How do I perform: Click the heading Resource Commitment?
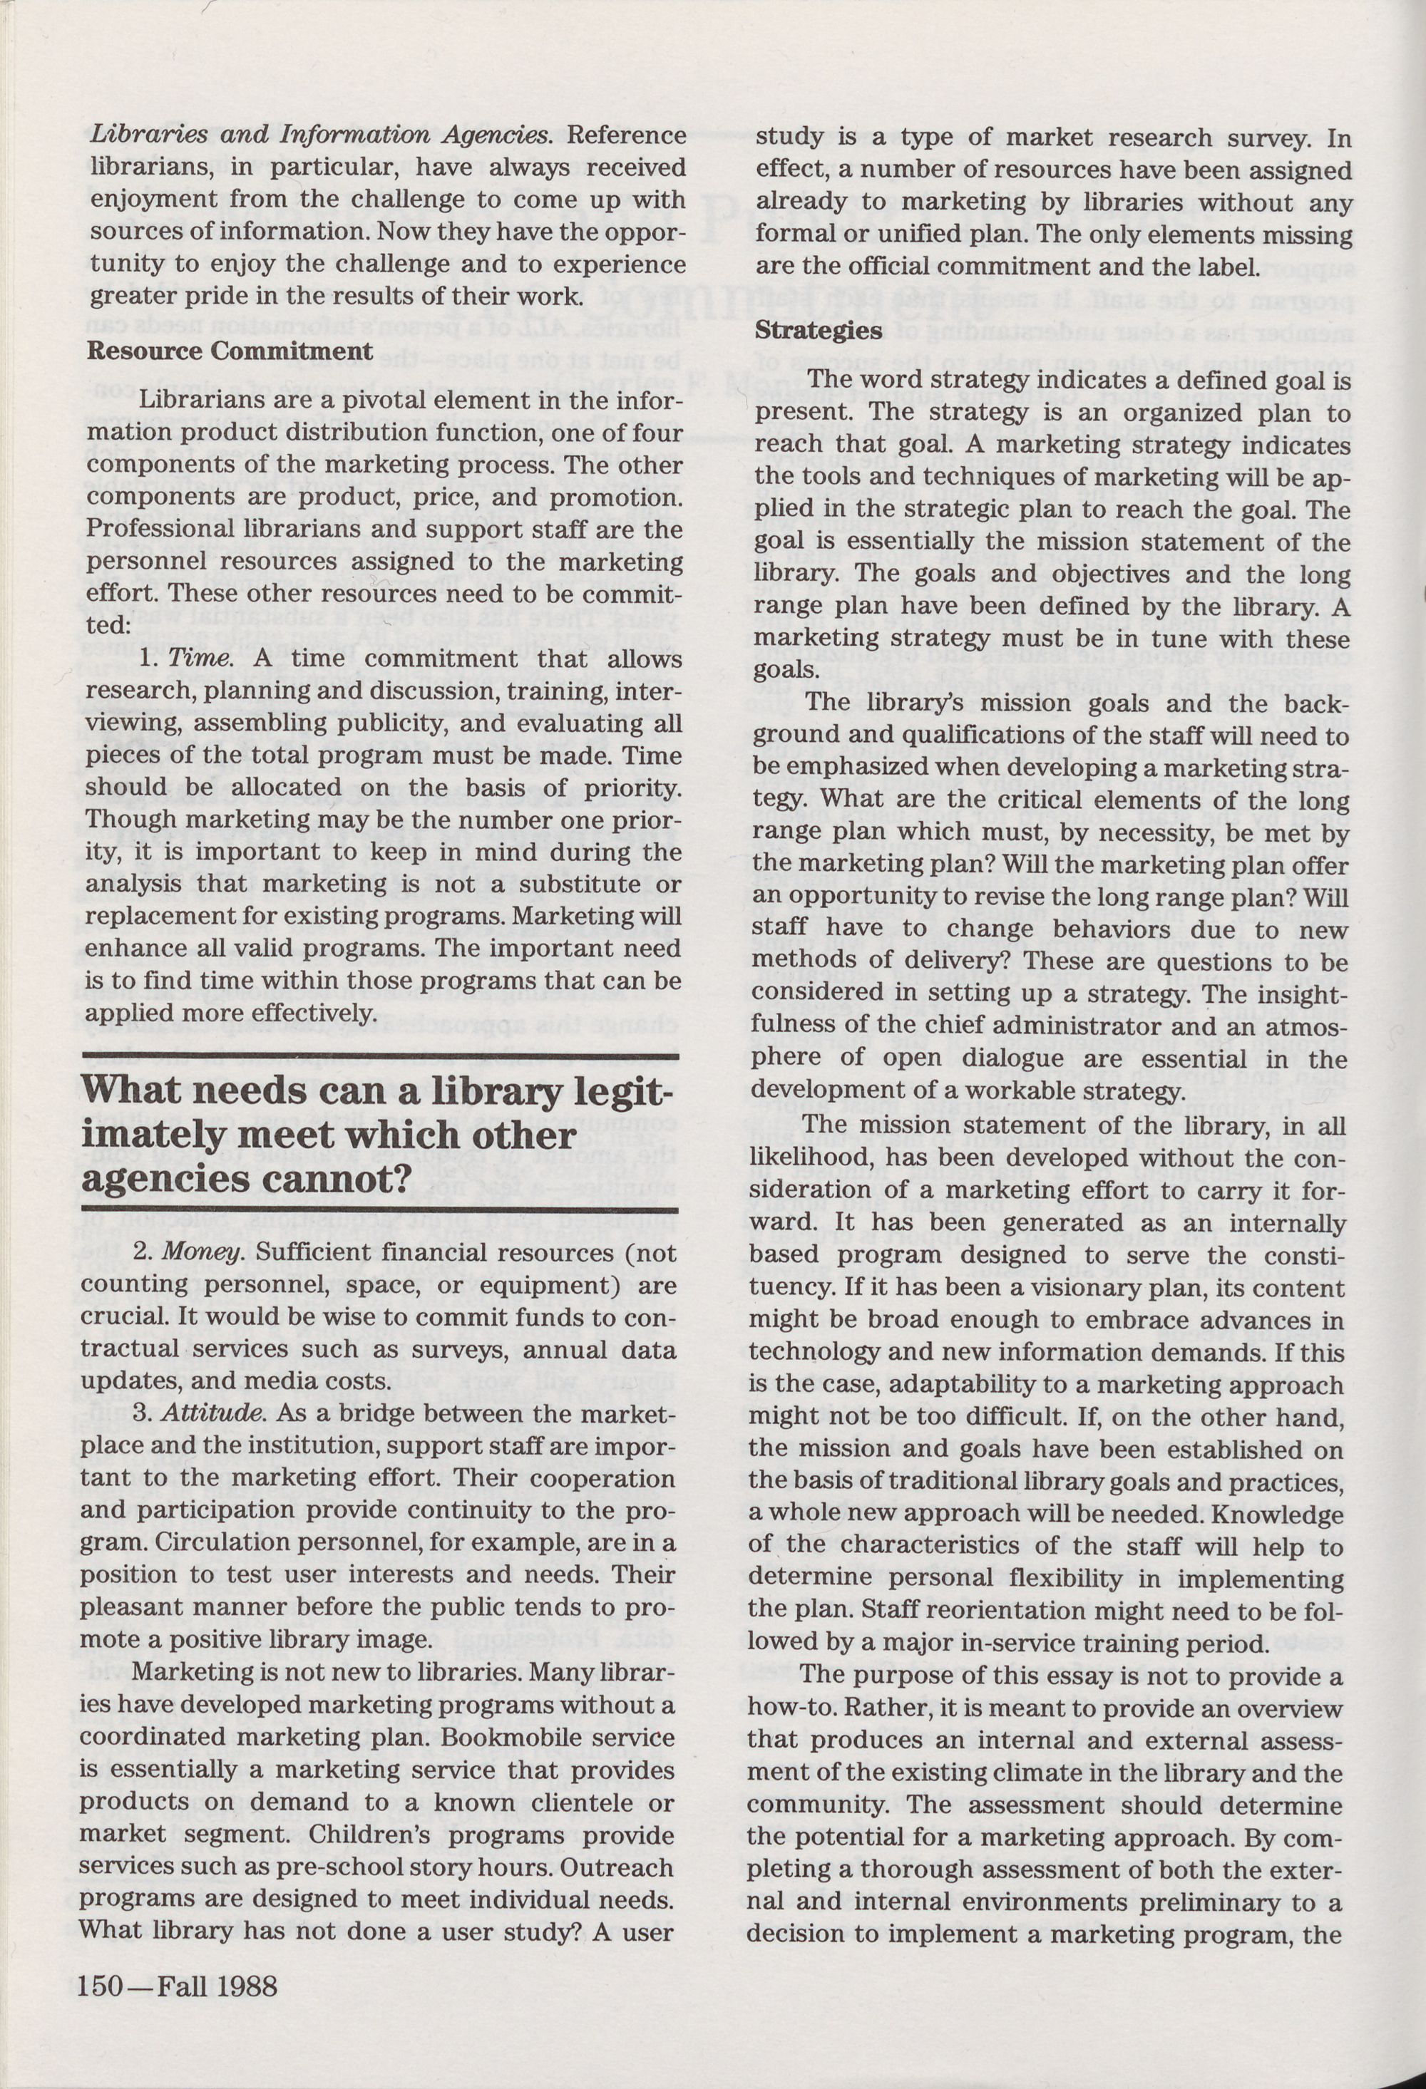coord(230,351)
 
